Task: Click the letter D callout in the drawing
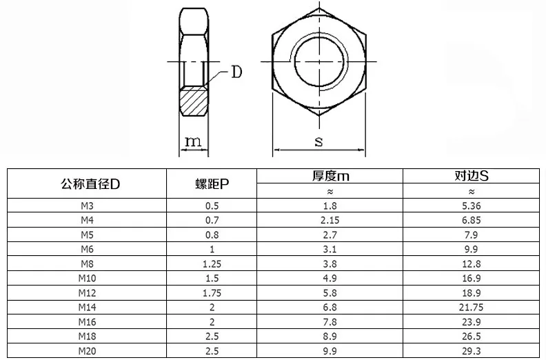(236, 72)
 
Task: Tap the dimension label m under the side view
(194, 141)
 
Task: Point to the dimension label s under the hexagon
(318, 141)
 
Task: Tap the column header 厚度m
(330, 177)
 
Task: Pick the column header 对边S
(472, 177)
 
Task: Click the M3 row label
(87, 206)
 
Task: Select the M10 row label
(87, 279)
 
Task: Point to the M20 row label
(87, 351)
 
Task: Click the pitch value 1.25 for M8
(212, 264)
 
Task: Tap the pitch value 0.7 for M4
(212, 221)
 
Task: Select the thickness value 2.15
(330, 221)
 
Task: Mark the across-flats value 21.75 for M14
(472, 308)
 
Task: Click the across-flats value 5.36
(472, 206)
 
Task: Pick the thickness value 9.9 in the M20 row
(330, 351)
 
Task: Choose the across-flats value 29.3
(472, 351)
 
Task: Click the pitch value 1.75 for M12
(212, 293)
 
